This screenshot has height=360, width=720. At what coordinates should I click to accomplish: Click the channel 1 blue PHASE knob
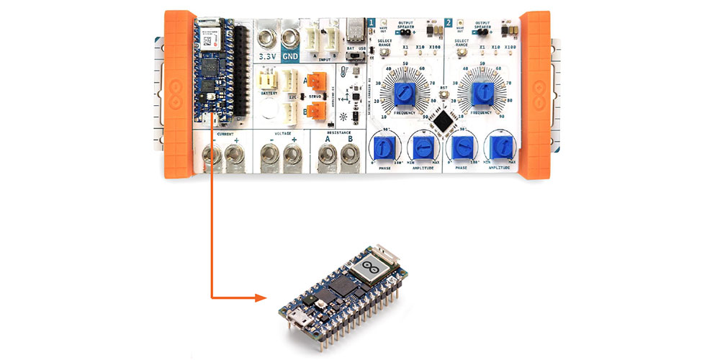point(384,148)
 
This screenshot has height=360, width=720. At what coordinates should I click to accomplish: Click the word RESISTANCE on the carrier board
point(340,133)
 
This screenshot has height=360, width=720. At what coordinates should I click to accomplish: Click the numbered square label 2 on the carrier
point(449,23)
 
